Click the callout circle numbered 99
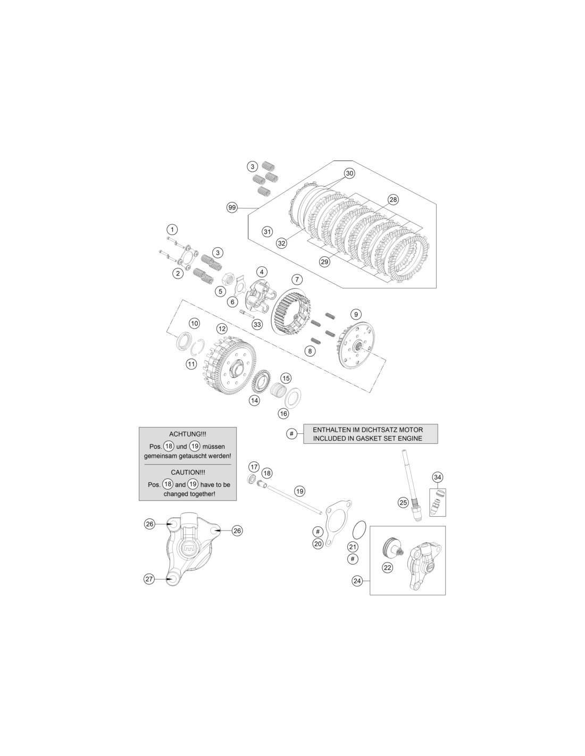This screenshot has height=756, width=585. (232, 208)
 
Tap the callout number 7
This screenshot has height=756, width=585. (297, 279)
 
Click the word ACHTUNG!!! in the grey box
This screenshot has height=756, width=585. (188, 434)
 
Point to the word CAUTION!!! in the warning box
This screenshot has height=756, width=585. (188, 473)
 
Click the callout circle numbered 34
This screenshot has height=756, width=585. (438, 477)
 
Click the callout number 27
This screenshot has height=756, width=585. (149, 579)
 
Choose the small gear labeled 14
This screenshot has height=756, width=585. (261, 382)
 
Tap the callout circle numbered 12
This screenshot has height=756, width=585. (222, 329)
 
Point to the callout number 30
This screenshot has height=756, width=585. (349, 173)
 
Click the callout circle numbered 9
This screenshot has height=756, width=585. (356, 315)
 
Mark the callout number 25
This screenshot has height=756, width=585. (403, 502)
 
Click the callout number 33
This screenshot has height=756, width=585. (257, 325)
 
